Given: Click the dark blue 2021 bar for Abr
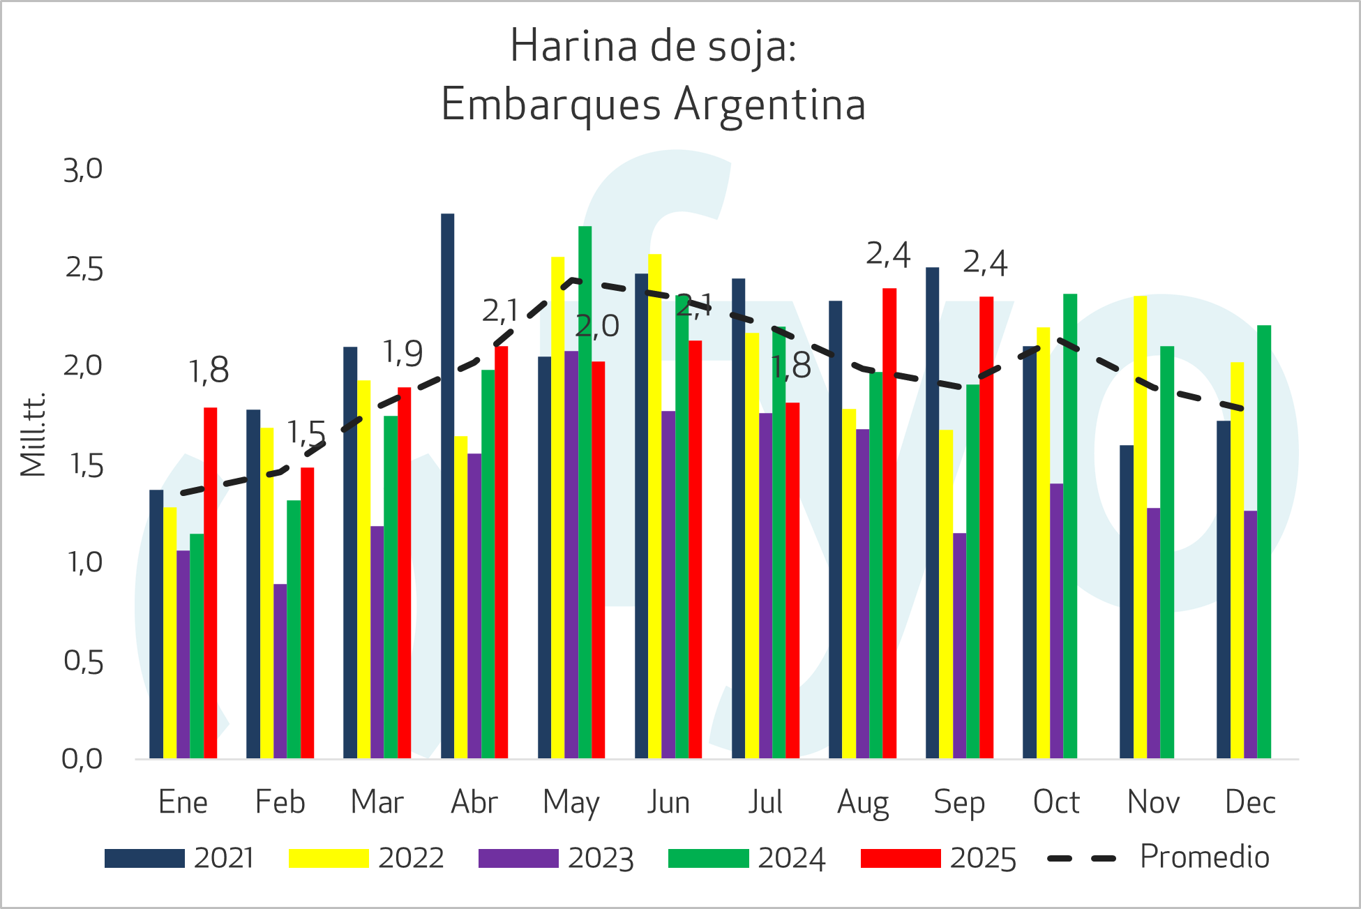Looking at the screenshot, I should (x=447, y=488).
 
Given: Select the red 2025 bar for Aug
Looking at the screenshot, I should (x=889, y=523).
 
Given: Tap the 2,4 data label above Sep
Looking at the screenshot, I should (x=985, y=263).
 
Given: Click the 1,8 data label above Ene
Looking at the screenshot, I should (x=209, y=370).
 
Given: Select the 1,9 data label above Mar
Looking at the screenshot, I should (x=403, y=353).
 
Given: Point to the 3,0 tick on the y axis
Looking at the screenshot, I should (x=83, y=170).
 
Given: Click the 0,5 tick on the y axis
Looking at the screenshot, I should (x=83, y=661).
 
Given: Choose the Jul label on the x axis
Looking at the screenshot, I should (x=765, y=802).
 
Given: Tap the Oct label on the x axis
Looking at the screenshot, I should (x=1056, y=802).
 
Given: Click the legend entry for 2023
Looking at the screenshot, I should (x=556, y=858).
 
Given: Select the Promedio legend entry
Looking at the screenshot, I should (x=1159, y=857).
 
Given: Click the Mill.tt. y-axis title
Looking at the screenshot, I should (x=33, y=435).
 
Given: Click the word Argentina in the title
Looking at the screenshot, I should (x=770, y=105).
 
